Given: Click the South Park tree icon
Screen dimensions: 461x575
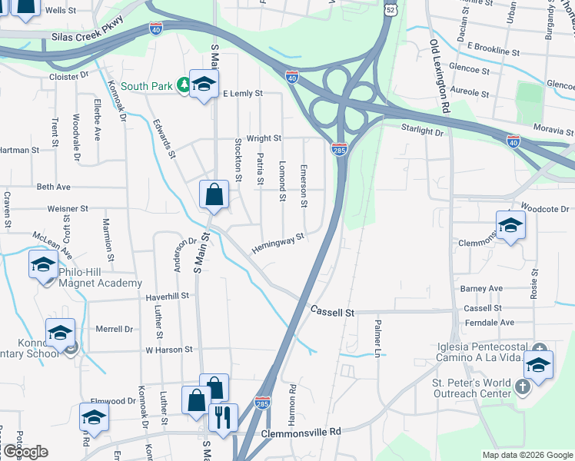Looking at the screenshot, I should [x=184, y=85].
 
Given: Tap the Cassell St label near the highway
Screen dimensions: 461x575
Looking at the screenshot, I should [x=332, y=312].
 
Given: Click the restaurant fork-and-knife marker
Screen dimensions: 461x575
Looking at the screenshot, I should [x=223, y=419].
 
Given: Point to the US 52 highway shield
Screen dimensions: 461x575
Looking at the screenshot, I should [x=391, y=9].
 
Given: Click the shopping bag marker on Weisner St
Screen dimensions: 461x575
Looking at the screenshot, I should [x=214, y=195].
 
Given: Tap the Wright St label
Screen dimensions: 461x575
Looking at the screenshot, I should [x=264, y=138].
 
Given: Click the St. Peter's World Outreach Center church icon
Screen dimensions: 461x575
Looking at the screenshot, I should [x=523, y=385].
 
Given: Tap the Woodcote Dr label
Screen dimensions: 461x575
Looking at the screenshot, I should [x=543, y=208].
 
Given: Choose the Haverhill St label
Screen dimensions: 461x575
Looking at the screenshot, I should [x=167, y=296].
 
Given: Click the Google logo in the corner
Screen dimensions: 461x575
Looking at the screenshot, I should [x=25, y=451].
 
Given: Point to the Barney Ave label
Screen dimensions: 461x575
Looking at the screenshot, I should [x=481, y=289].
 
